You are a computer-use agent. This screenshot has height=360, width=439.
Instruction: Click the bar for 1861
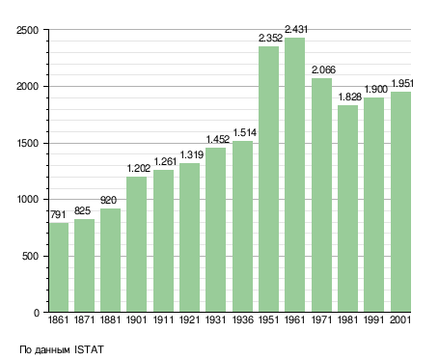click(x=59, y=267)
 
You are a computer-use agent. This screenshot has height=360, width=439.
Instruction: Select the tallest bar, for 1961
click(x=294, y=175)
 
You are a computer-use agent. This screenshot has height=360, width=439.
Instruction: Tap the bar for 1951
click(x=268, y=179)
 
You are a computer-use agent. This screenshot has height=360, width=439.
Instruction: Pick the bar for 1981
click(x=347, y=208)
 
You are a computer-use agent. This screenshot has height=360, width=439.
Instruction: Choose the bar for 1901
click(x=136, y=244)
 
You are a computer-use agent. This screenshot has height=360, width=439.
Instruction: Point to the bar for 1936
click(x=242, y=227)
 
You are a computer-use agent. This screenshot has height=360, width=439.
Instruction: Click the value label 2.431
click(x=296, y=29)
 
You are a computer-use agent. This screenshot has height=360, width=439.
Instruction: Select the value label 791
click(x=58, y=214)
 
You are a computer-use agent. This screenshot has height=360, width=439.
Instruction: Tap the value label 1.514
click(x=244, y=132)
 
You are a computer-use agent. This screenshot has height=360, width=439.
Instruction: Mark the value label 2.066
click(x=323, y=69)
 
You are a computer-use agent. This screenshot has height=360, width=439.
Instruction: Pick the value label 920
click(x=108, y=200)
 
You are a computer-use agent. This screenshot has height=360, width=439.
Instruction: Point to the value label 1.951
click(x=402, y=83)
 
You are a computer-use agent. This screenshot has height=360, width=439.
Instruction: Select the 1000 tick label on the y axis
click(x=27, y=199)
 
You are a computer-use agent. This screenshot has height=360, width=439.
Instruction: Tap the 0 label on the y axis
click(x=37, y=313)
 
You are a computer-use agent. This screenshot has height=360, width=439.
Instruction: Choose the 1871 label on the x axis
click(x=84, y=320)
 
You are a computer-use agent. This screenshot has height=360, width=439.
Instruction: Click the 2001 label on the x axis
click(x=400, y=320)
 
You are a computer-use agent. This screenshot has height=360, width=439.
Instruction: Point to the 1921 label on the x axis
click(x=189, y=320)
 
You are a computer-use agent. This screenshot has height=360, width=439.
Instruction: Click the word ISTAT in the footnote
click(x=89, y=349)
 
